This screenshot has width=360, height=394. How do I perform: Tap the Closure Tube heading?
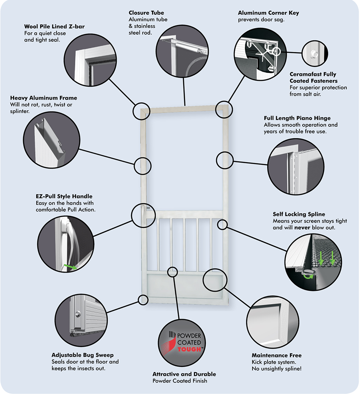[x=146, y=13]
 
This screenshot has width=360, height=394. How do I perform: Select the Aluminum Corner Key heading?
[x=268, y=13]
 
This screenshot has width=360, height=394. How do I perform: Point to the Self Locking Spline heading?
[x=299, y=214]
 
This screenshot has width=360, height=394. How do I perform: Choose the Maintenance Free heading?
[x=276, y=355]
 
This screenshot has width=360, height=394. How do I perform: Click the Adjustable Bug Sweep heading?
[x=82, y=355]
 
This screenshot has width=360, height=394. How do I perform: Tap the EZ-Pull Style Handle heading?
[x=64, y=196]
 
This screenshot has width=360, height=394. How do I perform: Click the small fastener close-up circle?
[x=312, y=52]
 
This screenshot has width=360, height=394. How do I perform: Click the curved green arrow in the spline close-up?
[x=308, y=274]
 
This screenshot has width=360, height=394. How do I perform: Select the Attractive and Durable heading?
[x=184, y=374]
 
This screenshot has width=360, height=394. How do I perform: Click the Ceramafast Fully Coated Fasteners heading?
[x=313, y=77]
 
